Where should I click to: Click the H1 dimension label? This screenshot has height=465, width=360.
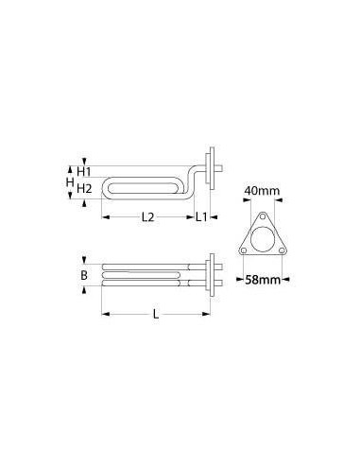(85, 170)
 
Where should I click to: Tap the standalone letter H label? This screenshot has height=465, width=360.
(69, 180)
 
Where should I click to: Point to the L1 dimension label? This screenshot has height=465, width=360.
(202, 218)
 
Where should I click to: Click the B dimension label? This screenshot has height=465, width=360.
(84, 276)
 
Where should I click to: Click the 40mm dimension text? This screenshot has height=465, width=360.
(261, 191)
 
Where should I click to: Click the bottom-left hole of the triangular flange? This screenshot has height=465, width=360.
(243, 250)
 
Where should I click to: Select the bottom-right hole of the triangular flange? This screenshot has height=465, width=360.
(277, 250)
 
